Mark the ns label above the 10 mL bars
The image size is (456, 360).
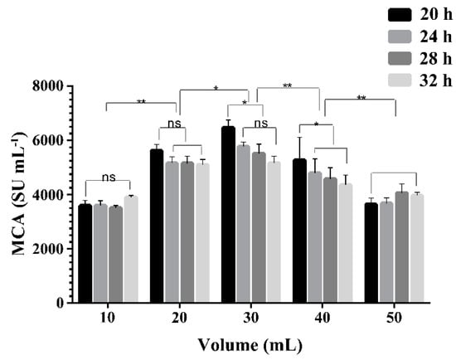tap(108, 177)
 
